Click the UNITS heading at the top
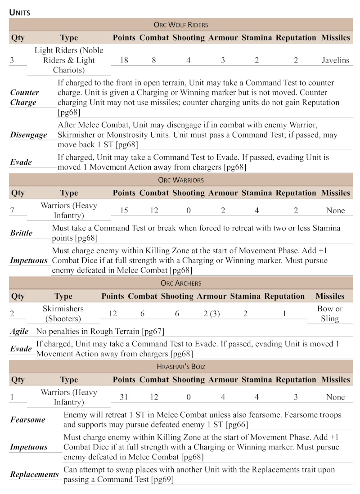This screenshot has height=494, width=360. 20,12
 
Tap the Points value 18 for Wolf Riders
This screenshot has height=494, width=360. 124,60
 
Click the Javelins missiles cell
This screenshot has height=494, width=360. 335,60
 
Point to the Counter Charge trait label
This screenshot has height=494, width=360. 24,97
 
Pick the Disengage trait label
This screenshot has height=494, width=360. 28,135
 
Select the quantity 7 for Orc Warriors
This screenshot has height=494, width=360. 12,211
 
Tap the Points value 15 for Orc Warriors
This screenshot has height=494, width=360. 124,211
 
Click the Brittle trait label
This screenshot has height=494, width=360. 21,233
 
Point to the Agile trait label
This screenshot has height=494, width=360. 19,332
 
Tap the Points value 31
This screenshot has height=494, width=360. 124,397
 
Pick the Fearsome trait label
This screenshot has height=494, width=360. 28,420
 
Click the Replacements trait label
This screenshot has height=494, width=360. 34,475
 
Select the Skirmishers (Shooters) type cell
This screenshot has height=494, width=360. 63,314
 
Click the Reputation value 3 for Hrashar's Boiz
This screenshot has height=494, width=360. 296,397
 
